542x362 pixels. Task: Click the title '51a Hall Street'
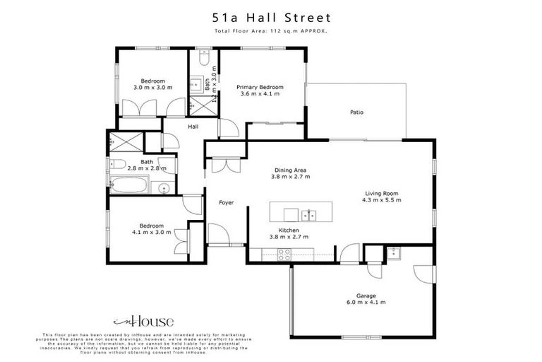click(271, 17)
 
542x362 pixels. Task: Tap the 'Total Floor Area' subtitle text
click(271, 32)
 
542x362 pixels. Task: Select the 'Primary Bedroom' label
click(261, 87)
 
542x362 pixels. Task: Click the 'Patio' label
click(356, 112)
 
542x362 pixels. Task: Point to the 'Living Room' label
click(382, 193)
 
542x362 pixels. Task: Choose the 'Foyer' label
click(226, 203)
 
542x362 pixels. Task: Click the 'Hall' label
click(193, 127)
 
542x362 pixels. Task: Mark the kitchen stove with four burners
click(285, 255)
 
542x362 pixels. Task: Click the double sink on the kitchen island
click(308, 214)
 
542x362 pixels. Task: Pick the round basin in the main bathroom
click(162, 188)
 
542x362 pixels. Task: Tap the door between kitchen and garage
click(349, 252)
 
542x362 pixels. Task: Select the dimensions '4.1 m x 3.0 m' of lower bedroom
click(152, 232)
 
